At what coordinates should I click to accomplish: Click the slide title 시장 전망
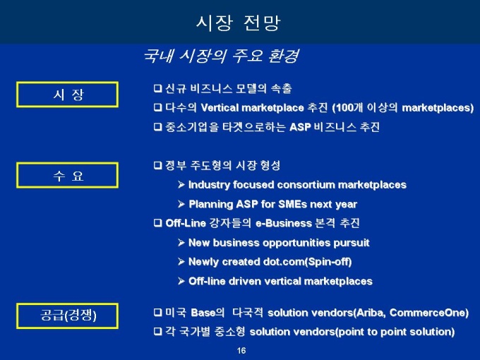[238, 23]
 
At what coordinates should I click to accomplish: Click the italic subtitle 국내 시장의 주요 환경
[221, 56]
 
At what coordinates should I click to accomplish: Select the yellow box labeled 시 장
[67, 95]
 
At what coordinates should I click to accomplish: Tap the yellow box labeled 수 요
[67, 175]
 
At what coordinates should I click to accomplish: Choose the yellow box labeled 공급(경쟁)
[67, 316]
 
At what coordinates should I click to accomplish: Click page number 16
[241, 351]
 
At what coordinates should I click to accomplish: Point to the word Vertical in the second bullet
[220, 108]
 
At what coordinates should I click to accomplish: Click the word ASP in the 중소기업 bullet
[300, 127]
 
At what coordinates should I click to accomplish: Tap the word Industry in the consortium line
[209, 185]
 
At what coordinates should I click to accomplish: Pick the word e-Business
[284, 223]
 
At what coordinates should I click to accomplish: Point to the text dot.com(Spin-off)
[307, 262]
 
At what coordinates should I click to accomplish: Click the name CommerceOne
[428, 313]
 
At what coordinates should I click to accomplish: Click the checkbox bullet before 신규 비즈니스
[157, 88]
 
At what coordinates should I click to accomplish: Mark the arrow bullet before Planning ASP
[181, 204]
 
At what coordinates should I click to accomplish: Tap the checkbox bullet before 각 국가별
[157, 332]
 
